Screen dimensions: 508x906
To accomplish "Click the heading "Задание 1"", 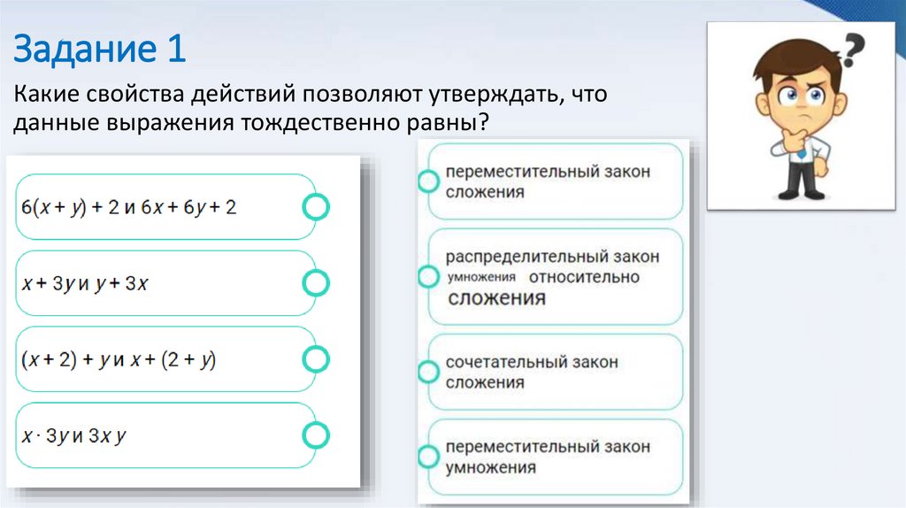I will (99, 49).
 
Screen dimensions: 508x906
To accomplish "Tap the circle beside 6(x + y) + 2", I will (316, 207).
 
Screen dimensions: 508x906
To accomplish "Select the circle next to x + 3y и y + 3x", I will (316, 283).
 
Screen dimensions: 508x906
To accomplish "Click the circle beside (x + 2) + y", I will (316, 359).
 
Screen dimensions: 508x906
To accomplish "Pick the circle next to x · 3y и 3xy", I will (316, 435).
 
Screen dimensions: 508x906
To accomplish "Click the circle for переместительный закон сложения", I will (428, 181).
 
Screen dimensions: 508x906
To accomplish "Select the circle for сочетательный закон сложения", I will (428, 372).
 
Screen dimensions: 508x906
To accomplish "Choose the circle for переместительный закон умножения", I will (428, 457).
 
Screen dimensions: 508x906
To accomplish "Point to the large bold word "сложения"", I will (496, 298).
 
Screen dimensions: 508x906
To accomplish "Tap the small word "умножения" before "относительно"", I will (482, 278).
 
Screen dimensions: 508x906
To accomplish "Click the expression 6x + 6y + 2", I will (189, 208).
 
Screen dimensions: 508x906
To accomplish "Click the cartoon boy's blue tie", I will (802, 150).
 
